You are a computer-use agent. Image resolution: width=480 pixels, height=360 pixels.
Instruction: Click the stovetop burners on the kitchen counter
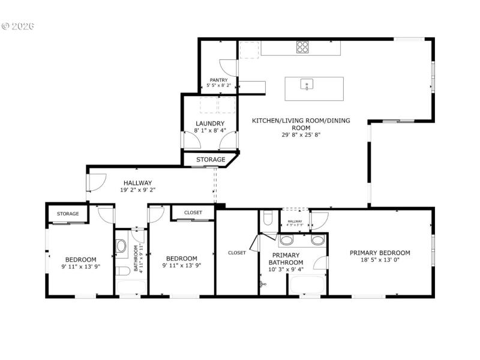[302, 47]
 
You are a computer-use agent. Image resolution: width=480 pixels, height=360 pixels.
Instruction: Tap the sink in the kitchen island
[307, 85]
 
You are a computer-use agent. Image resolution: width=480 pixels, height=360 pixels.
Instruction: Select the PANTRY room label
[218, 80]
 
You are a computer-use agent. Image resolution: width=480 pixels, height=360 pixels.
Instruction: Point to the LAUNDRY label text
[210, 124]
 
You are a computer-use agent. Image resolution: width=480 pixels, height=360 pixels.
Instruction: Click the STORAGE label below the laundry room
[211, 160]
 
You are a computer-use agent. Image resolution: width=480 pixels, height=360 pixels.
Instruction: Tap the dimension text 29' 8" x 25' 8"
[301, 135]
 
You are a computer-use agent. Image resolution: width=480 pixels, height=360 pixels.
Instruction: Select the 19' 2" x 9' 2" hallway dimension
[137, 190]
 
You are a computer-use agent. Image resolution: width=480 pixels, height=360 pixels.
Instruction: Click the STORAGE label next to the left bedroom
[68, 214]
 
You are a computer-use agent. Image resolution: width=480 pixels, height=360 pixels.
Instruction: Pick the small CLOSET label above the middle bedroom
[193, 212]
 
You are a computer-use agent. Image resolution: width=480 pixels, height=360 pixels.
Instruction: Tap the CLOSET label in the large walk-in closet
[236, 253]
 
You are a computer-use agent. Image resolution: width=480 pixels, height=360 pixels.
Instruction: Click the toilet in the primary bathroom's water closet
[268, 218]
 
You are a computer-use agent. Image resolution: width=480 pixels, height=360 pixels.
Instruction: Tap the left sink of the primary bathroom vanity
[287, 241]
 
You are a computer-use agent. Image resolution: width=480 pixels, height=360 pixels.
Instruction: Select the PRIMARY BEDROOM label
[380, 253]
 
